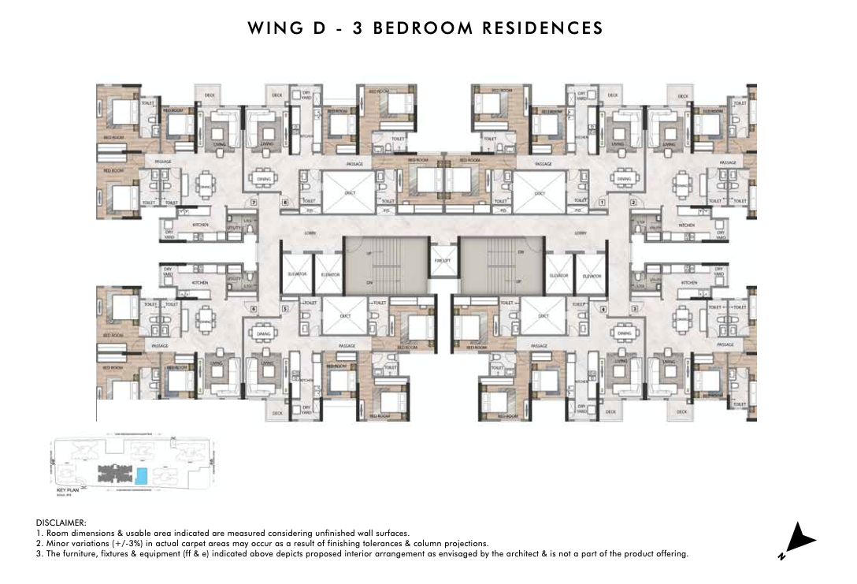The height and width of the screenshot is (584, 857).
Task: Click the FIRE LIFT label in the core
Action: [442, 261]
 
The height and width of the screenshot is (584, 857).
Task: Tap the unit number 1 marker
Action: [601, 203]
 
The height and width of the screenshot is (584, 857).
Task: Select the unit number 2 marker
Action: [633, 203]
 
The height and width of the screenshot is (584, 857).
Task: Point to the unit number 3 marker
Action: [633, 310]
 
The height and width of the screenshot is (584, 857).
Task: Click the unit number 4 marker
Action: [602, 310]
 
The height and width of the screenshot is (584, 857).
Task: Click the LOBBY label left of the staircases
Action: [310, 233]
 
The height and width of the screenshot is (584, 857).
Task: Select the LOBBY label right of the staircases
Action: [581, 233]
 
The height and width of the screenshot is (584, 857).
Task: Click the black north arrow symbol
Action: [799, 540]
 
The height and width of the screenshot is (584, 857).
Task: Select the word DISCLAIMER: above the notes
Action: [61, 523]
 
